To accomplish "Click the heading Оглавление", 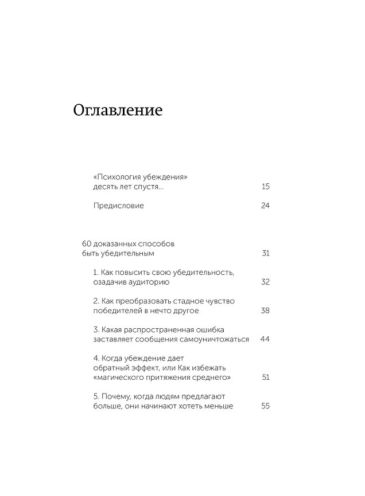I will point(118,111).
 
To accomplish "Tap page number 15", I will point(265,187).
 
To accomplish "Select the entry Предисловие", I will point(118,206).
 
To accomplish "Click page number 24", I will point(265,206).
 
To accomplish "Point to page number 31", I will point(265,253).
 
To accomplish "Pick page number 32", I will point(265,282).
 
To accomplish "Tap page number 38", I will point(265,310).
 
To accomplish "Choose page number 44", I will point(265,339).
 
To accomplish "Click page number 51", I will point(265,377).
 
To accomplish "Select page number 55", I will point(265,406).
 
